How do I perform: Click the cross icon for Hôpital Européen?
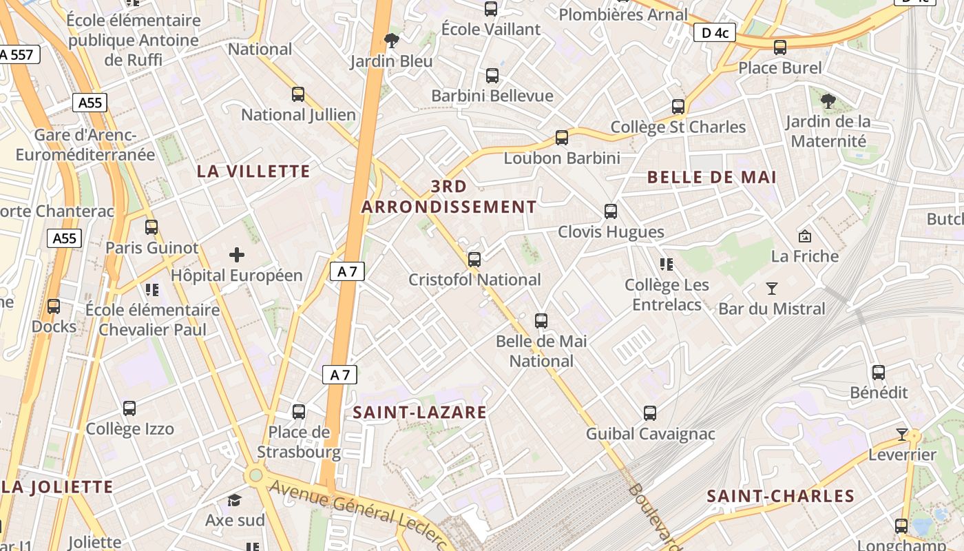[x=237, y=256]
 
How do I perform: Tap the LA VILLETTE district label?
[x=253, y=171]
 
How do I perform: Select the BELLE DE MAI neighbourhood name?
[x=712, y=177]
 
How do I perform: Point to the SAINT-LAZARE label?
[x=420, y=413]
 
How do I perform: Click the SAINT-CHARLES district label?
[x=781, y=496]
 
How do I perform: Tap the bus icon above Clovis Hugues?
[x=611, y=211]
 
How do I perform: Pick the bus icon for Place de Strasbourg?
[x=299, y=412]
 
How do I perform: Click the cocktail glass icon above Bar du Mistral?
[x=772, y=288]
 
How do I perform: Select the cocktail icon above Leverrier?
[x=902, y=434]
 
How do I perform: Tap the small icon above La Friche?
[x=804, y=236]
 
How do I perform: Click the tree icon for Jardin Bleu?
[x=392, y=41]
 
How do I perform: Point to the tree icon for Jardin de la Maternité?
[x=828, y=101]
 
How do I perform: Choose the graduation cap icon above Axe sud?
[x=235, y=500]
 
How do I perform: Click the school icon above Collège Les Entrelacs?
[x=666, y=264]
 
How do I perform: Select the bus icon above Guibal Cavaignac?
[x=650, y=413]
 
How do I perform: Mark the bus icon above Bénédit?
[x=879, y=373]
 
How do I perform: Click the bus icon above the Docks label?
[x=54, y=306]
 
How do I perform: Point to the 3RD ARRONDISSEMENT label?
[x=449, y=196]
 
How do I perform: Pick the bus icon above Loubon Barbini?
[x=562, y=138]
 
